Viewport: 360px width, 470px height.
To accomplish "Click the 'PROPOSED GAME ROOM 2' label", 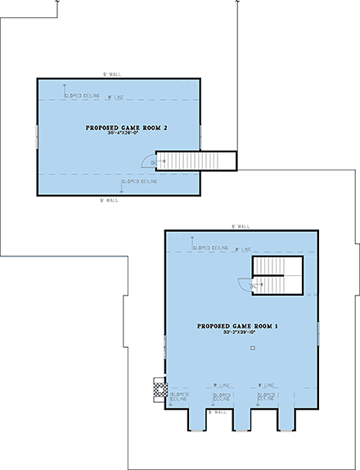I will [119, 129].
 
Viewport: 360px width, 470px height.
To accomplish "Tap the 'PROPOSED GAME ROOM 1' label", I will [238, 326].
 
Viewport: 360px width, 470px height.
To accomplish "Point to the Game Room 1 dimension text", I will [238, 333].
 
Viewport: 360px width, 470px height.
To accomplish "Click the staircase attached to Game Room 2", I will [196, 160].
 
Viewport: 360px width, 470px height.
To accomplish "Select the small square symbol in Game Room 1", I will [253, 349].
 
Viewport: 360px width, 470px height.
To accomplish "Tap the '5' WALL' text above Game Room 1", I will [239, 225].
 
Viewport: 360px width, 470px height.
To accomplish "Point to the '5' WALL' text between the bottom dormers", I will [215, 412].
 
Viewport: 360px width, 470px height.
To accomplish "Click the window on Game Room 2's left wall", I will [36, 136].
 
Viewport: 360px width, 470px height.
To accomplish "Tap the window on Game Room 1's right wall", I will [317, 333].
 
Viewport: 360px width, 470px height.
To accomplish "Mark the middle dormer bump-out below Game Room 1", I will [242, 418].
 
